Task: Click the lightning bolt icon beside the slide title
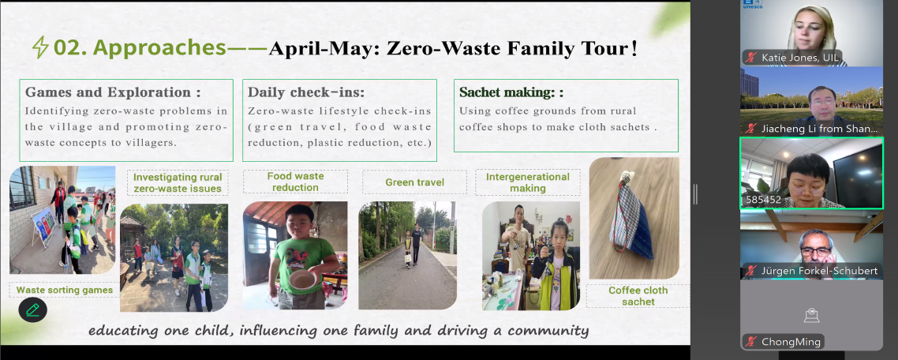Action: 39,47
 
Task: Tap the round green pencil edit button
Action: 32,309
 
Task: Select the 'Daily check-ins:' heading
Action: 306,92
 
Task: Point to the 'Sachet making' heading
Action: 507,92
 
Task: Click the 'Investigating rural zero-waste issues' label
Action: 177,183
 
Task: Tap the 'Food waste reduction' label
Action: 295,182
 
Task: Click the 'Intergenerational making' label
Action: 527,182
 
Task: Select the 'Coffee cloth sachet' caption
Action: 638,296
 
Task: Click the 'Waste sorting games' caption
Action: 64,290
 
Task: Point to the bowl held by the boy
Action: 304,279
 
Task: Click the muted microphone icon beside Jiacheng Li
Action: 750,129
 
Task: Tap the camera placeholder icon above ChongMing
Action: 811,315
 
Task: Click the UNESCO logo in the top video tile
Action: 752,4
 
